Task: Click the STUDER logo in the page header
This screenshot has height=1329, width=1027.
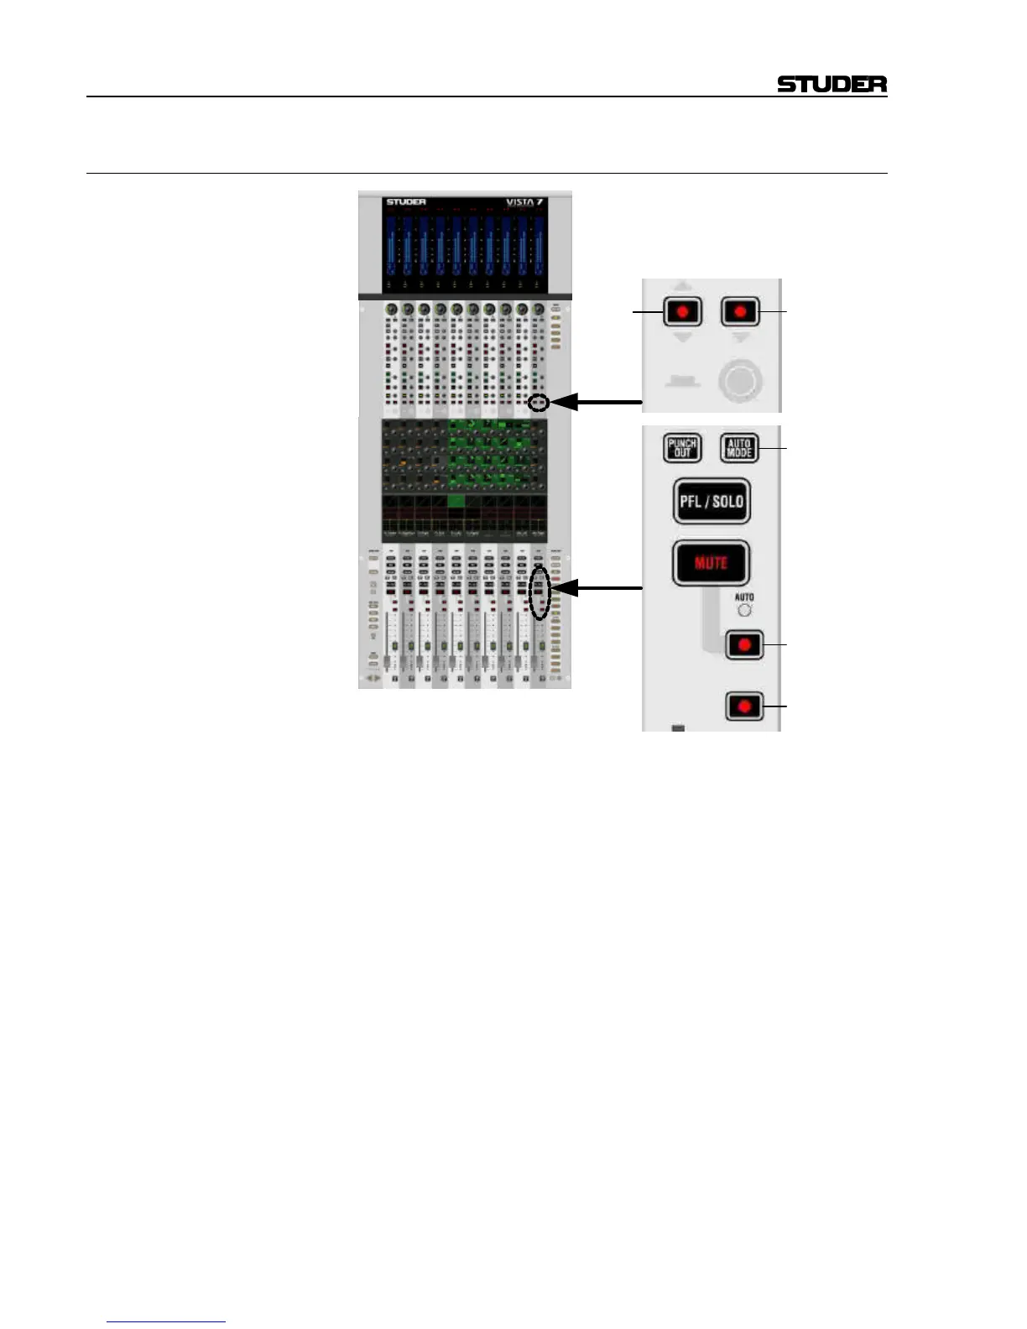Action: click(x=832, y=84)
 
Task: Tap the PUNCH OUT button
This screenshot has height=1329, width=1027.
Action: click(x=682, y=447)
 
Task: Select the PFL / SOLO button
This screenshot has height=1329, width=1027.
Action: click(x=711, y=501)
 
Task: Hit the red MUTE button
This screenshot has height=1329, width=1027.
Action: click(x=710, y=562)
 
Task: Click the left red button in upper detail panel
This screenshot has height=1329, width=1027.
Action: click(x=682, y=312)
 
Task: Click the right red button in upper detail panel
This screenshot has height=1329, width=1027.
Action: click(x=739, y=312)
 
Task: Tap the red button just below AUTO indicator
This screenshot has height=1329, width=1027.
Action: click(x=743, y=645)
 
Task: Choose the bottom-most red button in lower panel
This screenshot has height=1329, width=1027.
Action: click(x=743, y=706)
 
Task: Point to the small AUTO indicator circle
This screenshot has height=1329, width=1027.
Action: click(x=744, y=610)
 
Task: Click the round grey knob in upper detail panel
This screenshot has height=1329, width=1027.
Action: click(x=740, y=382)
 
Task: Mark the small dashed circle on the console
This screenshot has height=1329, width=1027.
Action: click(x=539, y=404)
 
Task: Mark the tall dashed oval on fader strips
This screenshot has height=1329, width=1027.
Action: click(x=540, y=592)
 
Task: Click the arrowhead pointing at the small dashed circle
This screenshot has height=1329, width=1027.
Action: click(x=563, y=403)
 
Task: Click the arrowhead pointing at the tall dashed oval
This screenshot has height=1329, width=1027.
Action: click(x=564, y=588)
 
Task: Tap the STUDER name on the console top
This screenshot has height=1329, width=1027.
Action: click(x=406, y=202)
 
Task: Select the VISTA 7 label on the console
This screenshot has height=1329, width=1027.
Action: click(x=525, y=202)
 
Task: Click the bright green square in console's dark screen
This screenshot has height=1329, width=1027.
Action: click(x=456, y=501)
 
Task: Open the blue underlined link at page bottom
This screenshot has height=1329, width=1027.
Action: click(x=166, y=1321)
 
